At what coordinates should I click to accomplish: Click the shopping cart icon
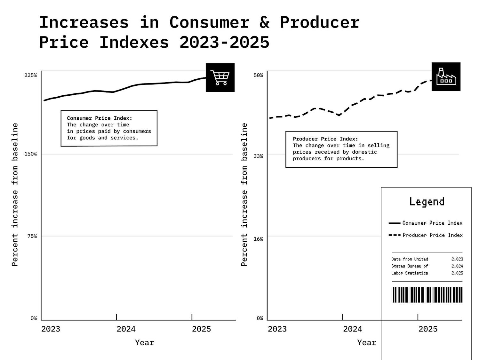220,78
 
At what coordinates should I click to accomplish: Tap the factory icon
446,77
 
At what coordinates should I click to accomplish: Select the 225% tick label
31,75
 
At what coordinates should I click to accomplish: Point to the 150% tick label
31,154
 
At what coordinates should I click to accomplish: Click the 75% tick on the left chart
32,236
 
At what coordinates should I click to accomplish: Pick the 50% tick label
258,75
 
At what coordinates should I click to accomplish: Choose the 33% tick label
258,156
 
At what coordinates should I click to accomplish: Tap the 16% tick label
258,239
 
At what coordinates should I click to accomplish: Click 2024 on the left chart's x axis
126,329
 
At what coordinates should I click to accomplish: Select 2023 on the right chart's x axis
277,329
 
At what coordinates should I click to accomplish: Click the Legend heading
427,202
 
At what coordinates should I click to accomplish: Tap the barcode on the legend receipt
427,295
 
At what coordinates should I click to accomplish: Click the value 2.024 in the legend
457,266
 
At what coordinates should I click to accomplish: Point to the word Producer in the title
320,22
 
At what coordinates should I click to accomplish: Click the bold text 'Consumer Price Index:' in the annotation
100,118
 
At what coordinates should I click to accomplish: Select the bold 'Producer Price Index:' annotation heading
325,139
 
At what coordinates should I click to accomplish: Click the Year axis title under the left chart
144,343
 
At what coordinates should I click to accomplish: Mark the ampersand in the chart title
264,22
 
